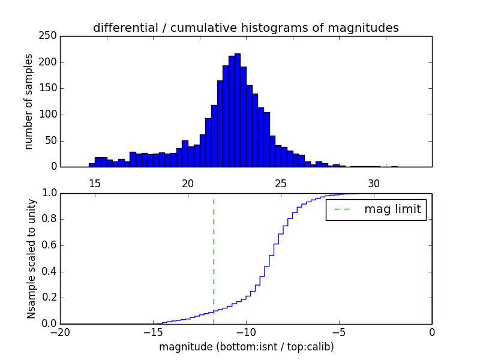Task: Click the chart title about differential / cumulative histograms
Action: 245,28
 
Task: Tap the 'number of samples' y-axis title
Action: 29,101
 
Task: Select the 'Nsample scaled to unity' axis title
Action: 31,259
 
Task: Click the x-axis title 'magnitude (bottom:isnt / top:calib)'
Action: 246,347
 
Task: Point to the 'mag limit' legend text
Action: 392,210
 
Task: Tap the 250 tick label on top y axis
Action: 49,36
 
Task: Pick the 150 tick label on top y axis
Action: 49,88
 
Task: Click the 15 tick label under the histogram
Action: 94,183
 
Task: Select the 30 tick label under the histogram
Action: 374,183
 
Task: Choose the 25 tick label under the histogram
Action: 281,183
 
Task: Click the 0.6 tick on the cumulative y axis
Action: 49,245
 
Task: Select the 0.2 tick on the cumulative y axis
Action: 49,298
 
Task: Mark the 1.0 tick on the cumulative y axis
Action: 49,193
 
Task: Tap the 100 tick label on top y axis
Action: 49,115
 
